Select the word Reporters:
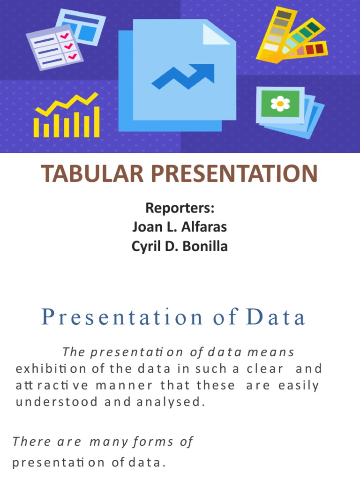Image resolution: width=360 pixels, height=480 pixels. pos(180,207)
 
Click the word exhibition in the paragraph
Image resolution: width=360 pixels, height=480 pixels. pos(51,368)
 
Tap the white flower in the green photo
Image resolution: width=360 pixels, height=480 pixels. pos(280,103)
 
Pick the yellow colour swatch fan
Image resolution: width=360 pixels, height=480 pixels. pos(291,37)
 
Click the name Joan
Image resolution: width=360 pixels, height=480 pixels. pos(146,227)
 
